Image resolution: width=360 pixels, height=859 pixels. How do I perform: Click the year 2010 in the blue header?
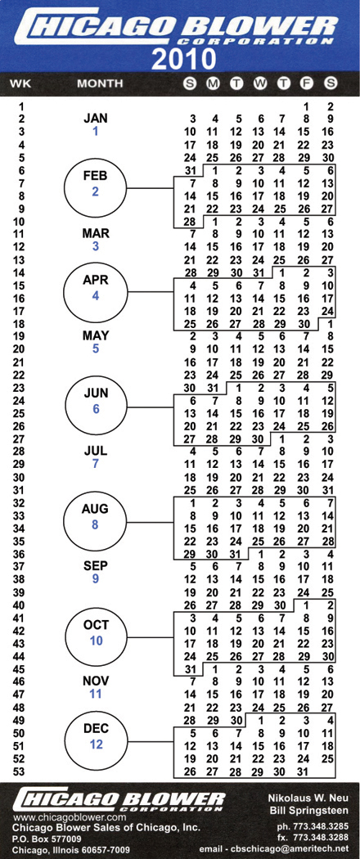click(183, 59)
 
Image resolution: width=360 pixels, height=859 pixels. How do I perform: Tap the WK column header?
click(19, 83)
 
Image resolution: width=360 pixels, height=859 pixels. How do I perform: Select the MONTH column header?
click(100, 83)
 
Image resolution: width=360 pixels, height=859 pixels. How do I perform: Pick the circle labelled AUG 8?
click(96, 517)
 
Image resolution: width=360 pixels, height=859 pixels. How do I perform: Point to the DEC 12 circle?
click(96, 736)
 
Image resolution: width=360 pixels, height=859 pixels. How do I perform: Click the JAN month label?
click(96, 118)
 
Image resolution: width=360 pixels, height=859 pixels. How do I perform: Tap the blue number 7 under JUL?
click(96, 464)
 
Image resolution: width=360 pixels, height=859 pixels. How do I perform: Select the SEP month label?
click(96, 564)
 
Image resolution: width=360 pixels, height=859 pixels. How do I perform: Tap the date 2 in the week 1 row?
click(329, 106)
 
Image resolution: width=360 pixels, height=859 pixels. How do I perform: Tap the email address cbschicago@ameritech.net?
click(308, 848)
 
